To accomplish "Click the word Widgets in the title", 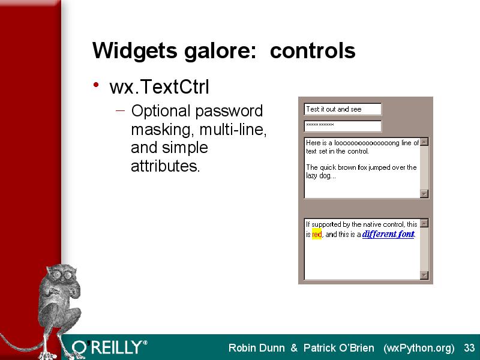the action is [134, 51].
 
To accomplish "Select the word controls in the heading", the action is [313, 50].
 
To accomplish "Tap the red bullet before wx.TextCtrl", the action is [96, 85].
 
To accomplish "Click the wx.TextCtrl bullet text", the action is [159, 86].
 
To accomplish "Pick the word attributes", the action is [166, 166].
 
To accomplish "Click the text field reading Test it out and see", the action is [343, 109].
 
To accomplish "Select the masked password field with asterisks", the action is [343, 126].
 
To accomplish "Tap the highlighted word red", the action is [317, 234].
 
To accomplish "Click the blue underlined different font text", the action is [388, 234].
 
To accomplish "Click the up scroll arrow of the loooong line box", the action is [424, 142].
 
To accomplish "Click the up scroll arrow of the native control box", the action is [424, 223].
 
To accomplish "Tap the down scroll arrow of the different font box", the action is [424, 275].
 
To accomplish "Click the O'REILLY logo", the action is [110, 347].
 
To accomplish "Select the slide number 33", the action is [469, 348].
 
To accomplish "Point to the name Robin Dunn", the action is [257, 348].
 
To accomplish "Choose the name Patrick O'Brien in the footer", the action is [339, 348].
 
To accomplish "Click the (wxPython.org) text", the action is [419, 349].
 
